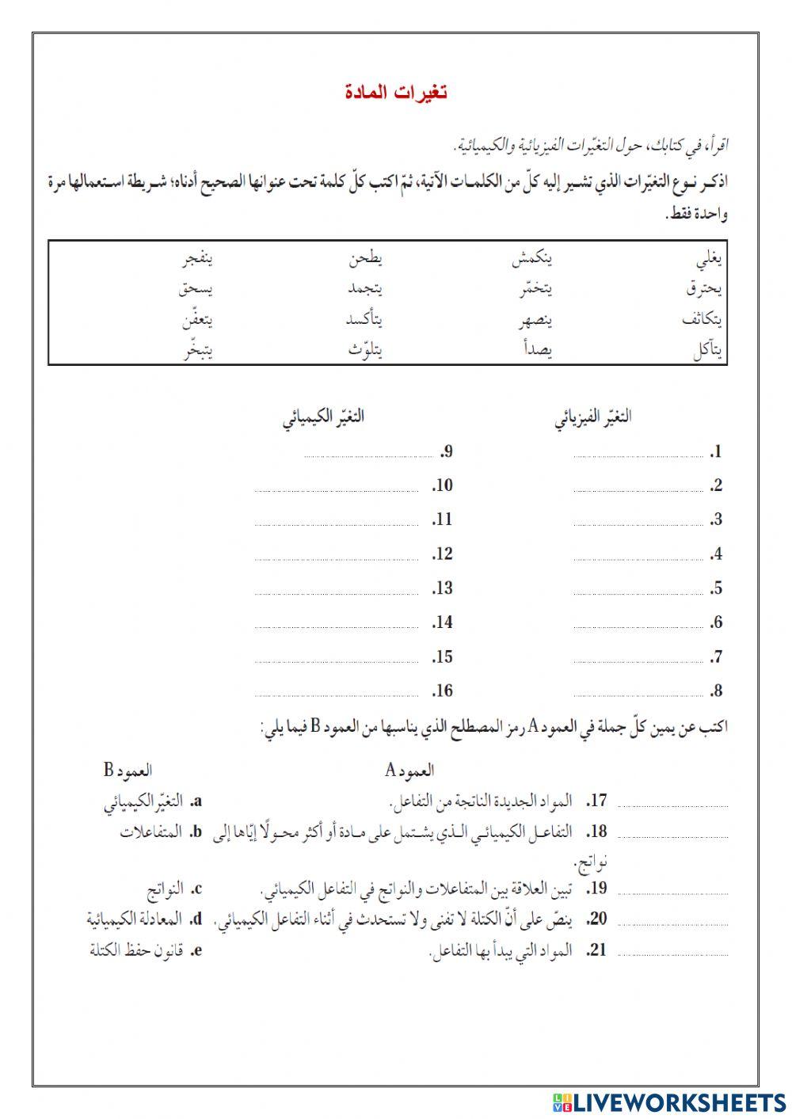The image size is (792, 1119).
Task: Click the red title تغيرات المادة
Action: (396, 93)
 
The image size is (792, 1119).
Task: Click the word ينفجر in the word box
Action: (196, 259)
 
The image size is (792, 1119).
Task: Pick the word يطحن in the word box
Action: (366, 259)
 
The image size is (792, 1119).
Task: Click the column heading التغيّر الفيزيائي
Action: (593, 417)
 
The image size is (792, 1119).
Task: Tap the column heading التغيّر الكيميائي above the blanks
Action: (323, 417)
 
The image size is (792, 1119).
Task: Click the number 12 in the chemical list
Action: (443, 554)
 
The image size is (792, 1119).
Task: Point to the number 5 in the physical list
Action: (716, 588)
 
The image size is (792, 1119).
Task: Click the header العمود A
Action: (409, 770)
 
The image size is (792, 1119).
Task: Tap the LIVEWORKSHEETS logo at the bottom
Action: (669, 1102)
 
